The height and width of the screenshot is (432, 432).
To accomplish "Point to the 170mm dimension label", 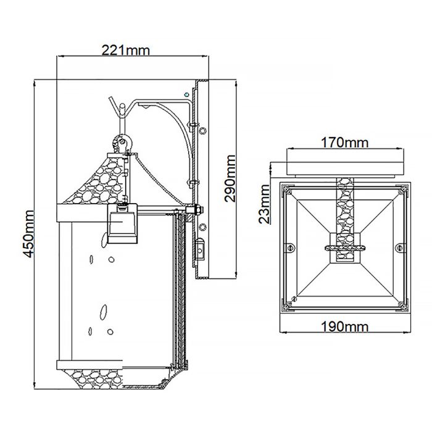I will pyautogui.click(x=344, y=143).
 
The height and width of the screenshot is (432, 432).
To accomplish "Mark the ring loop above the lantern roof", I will pyautogui.click(x=122, y=143).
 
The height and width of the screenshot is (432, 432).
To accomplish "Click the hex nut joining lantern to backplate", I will pyautogui.click(x=196, y=210).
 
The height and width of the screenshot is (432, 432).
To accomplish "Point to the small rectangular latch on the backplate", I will pyautogui.click(x=200, y=250).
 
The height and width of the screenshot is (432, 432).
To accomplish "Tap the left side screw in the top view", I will pyautogui.click(x=288, y=247).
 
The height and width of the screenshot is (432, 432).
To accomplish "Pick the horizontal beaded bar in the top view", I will pyautogui.click(x=344, y=248).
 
